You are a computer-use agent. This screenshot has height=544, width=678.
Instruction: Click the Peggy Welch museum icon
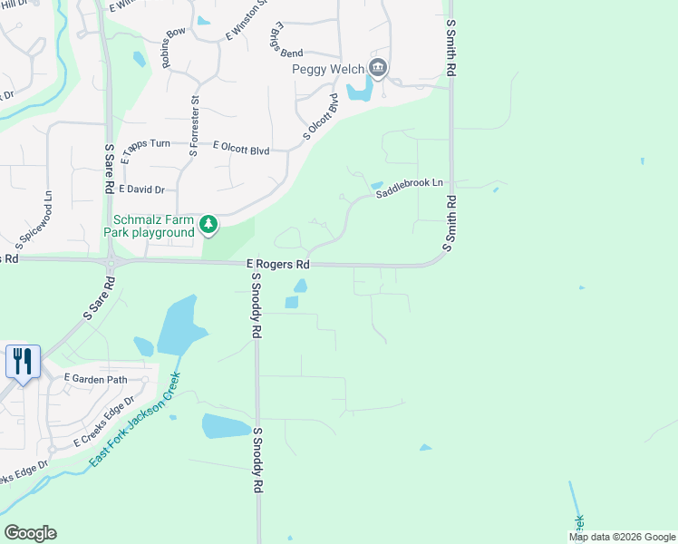click(378, 68)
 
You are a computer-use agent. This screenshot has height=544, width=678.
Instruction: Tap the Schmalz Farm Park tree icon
click(208, 225)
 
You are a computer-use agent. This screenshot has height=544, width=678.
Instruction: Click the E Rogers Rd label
click(278, 264)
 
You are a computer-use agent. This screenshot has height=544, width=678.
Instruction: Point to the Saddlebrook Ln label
click(409, 188)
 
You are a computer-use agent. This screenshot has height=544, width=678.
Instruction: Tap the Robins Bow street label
click(172, 47)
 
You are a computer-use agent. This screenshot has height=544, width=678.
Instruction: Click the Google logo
click(30, 533)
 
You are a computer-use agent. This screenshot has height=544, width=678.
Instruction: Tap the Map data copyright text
click(622, 537)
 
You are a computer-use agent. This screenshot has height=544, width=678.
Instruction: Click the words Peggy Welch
click(327, 69)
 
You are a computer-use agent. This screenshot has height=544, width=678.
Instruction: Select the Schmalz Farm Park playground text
click(154, 226)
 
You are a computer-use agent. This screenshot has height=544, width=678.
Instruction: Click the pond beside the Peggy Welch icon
click(358, 89)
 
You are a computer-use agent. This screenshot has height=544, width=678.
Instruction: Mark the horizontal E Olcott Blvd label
click(241, 148)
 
